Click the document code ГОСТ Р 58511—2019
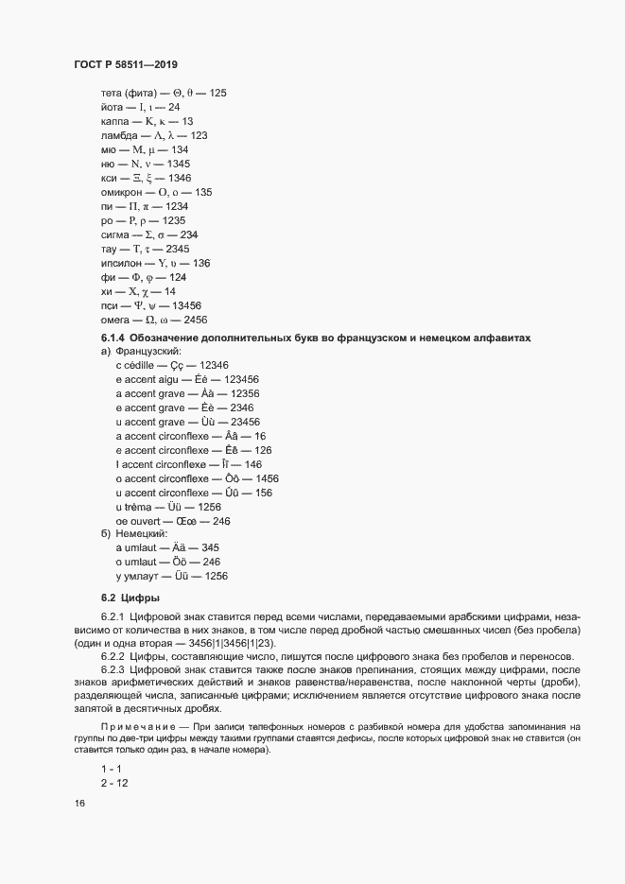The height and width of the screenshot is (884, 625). click(125, 64)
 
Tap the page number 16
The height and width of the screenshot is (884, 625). click(78, 803)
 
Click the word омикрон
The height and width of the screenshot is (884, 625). click(126, 192)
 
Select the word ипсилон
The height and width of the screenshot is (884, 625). click(124, 263)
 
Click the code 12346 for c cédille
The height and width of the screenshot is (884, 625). click(210, 365)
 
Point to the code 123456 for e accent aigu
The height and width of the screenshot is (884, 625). click(235, 379)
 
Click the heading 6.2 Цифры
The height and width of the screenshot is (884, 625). click(130, 598)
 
